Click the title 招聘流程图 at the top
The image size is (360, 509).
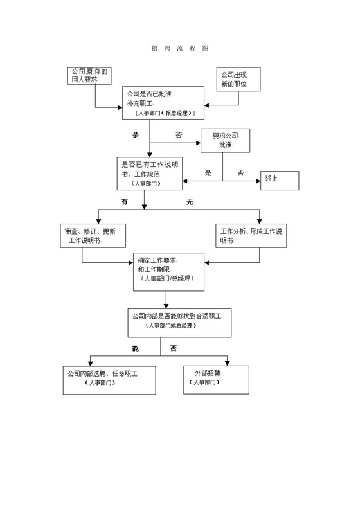[x=180, y=49]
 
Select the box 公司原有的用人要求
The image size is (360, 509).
[x=90, y=76]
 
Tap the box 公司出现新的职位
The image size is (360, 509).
[x=236, y=80]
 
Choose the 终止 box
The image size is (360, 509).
[x=280, y=180]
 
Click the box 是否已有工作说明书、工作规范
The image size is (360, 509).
[x=149, y=174]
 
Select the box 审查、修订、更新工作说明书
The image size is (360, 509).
[x=93, y=236]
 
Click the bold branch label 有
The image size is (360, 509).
[x=125, y=202]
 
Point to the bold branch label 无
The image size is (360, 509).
[x=190, y=202]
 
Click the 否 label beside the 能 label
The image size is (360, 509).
[x=173, y=348]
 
